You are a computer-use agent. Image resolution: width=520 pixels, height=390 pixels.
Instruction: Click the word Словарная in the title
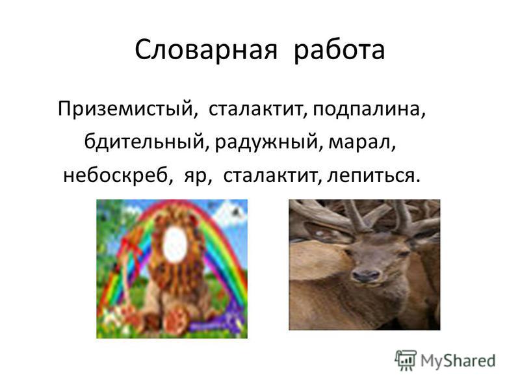205,50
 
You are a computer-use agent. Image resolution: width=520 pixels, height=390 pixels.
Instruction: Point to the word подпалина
369,109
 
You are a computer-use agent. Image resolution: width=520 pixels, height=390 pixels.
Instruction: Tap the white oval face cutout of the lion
175,244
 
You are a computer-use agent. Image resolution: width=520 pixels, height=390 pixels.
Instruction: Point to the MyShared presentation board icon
405,360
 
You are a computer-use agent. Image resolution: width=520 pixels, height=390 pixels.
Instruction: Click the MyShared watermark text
458,361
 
